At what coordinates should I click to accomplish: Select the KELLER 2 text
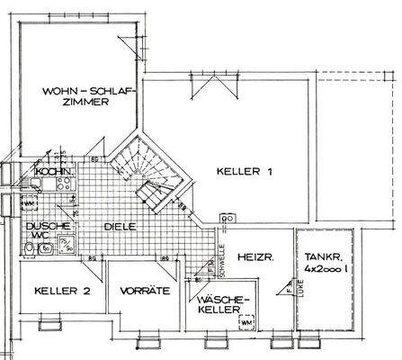pos(62,290)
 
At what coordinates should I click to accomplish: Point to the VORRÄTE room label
pos(138,290)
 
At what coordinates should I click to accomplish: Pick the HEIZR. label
pos(254,258)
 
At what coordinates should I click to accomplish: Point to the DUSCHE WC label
pos(40,232)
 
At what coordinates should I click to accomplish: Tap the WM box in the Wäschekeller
pos(246,321)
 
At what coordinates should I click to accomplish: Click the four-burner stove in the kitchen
pos(66,184)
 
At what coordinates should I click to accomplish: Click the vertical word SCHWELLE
pos(221,247)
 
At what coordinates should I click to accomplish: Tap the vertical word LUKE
pos(289,289)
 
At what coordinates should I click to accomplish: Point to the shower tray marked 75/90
pos(67,245)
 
